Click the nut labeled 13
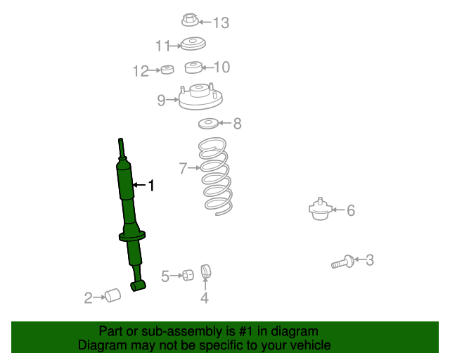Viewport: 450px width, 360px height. pyautogui.click(x=191, y=20)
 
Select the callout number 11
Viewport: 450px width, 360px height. pyautogui.click(x=162, y=46)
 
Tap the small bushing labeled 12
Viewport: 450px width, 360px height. pyautogui.click(x=167, y=70)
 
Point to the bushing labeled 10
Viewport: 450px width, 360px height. pyautogui.click(x=193, y=67)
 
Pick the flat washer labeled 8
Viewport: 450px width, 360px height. pyautogui.click(x=208, y=124)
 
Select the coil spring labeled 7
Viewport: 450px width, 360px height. pyautogui.click(x=215, y=176)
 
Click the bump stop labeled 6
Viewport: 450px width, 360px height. pyautogui.click(x=321, y=210)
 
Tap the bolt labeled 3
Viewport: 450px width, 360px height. pyautogui.click(x=342, y=262)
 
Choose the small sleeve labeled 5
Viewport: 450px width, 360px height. pyautogui.click(x=188, y=276)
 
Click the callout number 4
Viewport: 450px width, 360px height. pyautogui.click(x=205, y=297)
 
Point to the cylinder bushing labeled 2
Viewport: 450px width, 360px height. pyautogui.click(x=112, y=295)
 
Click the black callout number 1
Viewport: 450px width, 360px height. pyautogui.click(x=151, y=186)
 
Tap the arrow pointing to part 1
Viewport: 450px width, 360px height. pyautogui.click(x=139, y=185)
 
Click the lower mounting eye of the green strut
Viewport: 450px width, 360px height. pyautogui.click(x=139, y=286)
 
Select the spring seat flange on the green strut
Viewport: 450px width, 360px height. pyautogui.click(x=132, y=236)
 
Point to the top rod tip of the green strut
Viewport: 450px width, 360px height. pyautogui.click(x=120, y=140)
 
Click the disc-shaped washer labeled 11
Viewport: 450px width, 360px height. pyautogui.click(x=193, y=44)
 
